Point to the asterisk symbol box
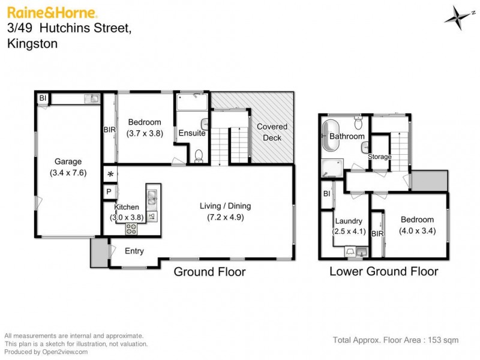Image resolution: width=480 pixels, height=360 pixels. (110, 175)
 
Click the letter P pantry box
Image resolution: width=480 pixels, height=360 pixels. (109, 192)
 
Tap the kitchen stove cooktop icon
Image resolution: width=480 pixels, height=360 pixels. (131, 228)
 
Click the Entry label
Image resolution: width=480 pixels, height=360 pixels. (134, 251)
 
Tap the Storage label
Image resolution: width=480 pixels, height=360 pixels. (380, 157)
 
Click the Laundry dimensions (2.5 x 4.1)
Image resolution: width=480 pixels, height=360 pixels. (349, 231)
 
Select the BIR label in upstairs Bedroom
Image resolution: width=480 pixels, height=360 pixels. (109, 129)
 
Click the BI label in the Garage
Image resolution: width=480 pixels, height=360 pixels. (43, 98)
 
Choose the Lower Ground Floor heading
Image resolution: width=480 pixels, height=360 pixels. (383, 272)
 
